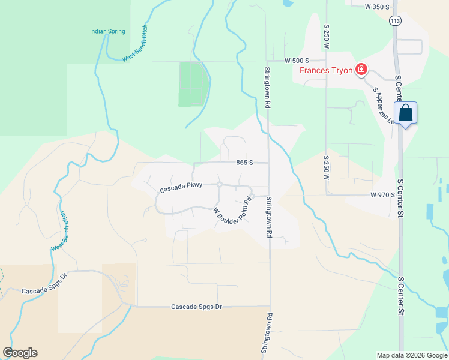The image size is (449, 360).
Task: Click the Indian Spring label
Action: pyautogui.click(x=107, y=31)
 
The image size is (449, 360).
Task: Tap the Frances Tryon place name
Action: pyautogui.click(x=327, y=70)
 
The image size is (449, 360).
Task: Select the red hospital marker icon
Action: pyautogui.click(x=361, y=70)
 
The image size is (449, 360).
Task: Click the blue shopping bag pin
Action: pyautogui.click(x=406, y=113)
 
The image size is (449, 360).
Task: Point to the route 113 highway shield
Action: pyautogui.click(x=394, y=20)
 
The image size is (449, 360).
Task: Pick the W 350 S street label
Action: pyautogui.click(x=377, y=6)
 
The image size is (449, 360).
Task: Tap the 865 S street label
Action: pyautogui.click(x=243, y=163)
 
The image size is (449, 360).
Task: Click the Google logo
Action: pyautogui.click(x=20, y=353)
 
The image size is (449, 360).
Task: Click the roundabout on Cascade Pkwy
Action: pyautogui.click(x=220, y=184)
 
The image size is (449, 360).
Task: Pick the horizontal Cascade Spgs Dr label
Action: pyautogui.click(x=196, y=307)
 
